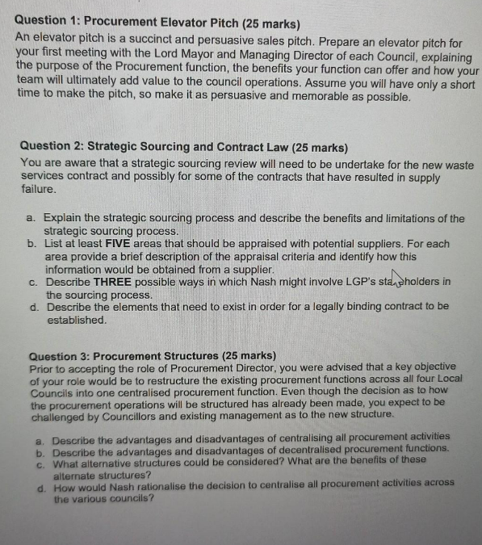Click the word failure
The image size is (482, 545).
pyautogui.click(x=38, y=189)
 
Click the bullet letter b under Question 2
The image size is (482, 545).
pyautogui.click(x=31, y=244)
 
